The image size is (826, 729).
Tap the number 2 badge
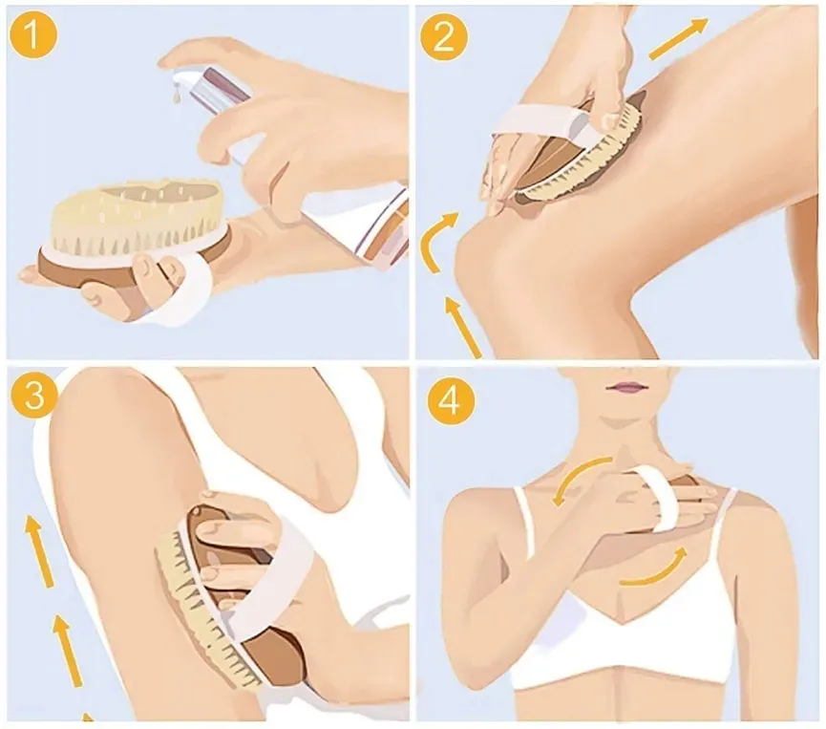[x=444, y=36]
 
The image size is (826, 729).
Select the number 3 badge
[x=32, y=395]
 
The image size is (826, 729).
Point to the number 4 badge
[x=451, y=401]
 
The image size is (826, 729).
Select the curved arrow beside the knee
[x=436, y=242]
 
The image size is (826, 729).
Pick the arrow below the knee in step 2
[x=463, y=327]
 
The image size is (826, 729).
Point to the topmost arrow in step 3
[x=40, y=551]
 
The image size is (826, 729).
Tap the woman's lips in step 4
[x=626, y=387]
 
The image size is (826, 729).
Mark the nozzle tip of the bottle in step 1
[x=176, y=79]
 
